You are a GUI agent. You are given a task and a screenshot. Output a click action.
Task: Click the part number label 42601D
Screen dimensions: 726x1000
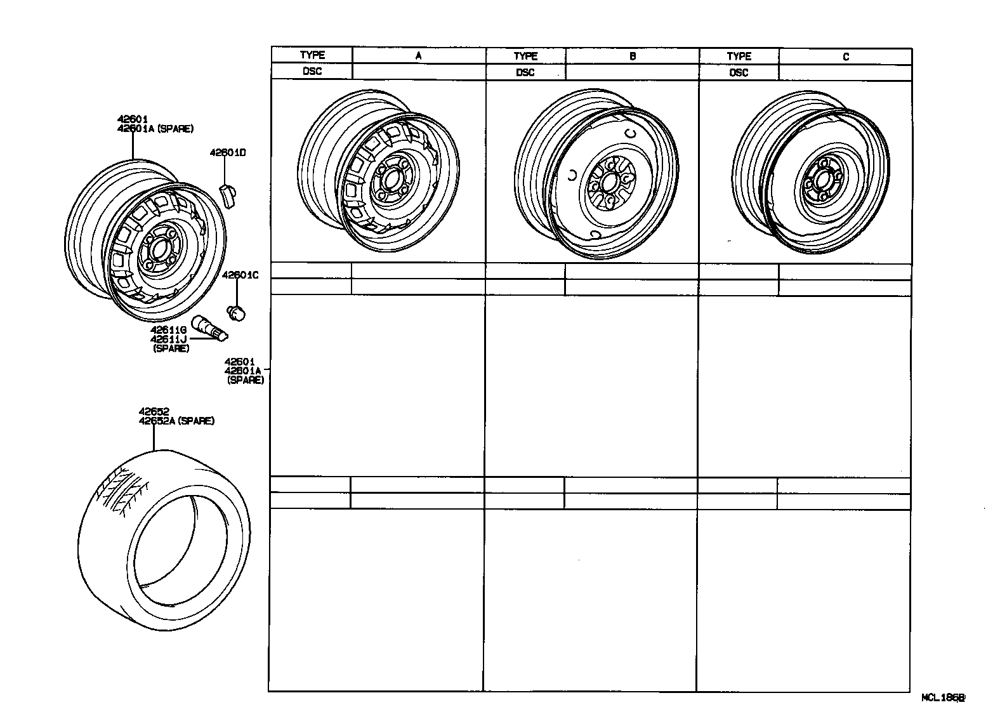[228, 153]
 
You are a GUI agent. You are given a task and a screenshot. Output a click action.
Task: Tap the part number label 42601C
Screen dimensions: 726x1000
[240, 275]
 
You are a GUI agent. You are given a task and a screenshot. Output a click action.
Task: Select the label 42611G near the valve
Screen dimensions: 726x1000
[168, 330]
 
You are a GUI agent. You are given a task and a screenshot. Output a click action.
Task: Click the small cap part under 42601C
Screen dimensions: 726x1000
[237, 312]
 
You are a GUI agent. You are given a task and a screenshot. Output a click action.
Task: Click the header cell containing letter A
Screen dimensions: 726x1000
[418, 56]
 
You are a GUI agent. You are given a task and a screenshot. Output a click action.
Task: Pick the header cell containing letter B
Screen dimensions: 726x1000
[632, 56]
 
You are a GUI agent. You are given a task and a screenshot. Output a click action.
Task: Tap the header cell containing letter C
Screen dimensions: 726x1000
[845, 56]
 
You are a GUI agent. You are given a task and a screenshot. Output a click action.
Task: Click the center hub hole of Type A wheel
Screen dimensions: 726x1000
[389, 180]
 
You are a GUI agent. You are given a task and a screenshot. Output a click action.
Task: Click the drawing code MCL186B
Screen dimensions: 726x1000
[943, 697]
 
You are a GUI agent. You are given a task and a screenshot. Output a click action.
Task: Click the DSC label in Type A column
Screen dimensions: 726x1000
[312, 71]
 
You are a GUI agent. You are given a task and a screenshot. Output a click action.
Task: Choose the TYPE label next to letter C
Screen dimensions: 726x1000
[739, 56]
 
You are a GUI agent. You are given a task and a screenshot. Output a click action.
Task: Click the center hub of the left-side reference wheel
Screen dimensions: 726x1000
[156, 249]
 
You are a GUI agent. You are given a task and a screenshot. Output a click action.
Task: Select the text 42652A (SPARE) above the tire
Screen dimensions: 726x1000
[176, 421]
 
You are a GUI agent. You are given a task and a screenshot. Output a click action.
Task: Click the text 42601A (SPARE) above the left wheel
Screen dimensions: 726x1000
[155, 128]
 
